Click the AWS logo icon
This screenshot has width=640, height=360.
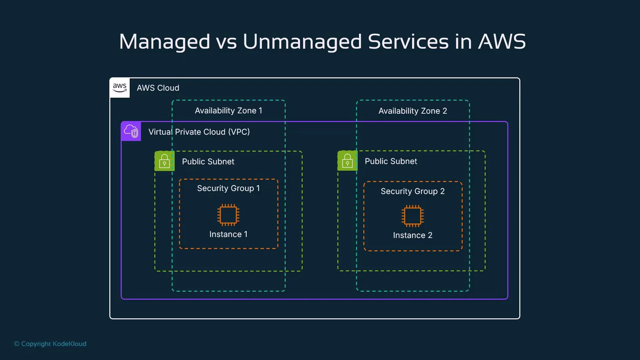120,88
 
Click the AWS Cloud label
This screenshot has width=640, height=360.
158,88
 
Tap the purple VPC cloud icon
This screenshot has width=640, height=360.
131,131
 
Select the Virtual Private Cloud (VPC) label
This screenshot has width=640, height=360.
199,132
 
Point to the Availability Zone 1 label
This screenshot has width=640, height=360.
228,111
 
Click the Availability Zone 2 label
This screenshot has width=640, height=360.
413,111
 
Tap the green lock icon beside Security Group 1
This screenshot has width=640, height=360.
164,161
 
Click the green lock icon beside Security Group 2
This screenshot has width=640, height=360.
347,161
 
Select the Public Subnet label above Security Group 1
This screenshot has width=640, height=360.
208,162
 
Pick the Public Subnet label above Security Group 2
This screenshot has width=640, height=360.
391,161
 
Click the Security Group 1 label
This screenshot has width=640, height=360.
228,188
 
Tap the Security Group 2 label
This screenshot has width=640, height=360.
413,191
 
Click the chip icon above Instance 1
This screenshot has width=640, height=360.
228,215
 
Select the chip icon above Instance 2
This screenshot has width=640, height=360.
413,216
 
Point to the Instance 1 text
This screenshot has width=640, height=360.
228,234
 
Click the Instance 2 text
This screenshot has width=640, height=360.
413,235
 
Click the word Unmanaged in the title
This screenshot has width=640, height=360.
302,42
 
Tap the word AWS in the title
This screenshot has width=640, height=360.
502,42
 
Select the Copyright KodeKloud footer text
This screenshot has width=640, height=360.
50,344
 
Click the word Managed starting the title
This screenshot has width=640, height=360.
164,42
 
